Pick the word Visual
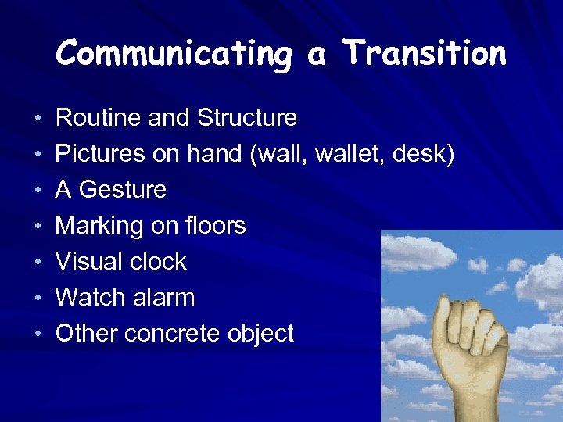(x=88, y=262)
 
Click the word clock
(x=158, y=262)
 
